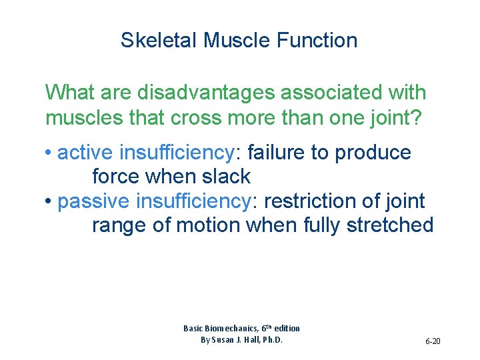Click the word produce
[x=373, y=153]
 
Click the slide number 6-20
[x=433, y=341]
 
